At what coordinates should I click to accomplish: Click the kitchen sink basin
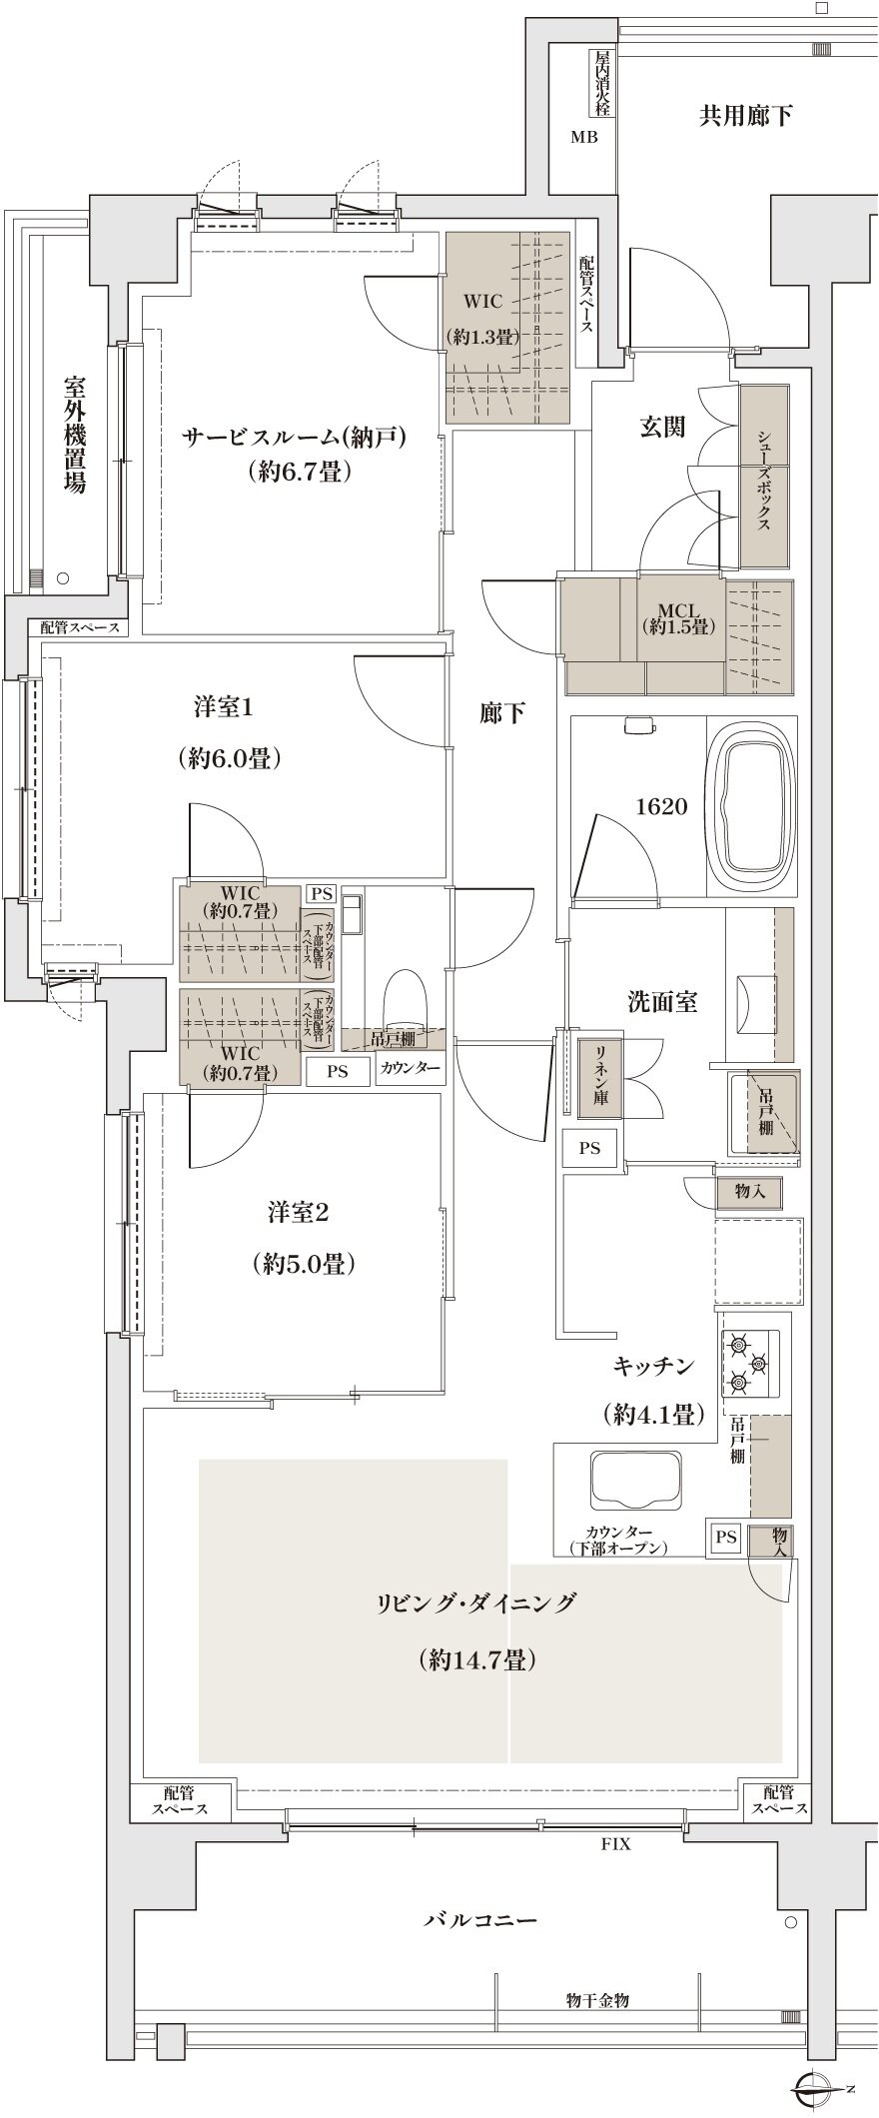click(636, 1483)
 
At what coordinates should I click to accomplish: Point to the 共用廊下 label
click(744, 116)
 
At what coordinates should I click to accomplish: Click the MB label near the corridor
click(584, 138)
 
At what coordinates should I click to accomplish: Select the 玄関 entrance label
click(662, 427)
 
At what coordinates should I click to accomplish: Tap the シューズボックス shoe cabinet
click(764, 478)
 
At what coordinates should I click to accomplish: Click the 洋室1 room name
click(224, 707)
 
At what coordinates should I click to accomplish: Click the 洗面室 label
click(662, 1001)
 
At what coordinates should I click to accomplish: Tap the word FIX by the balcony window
click(615, 1844)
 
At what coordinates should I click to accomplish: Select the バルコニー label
click(480, 1920)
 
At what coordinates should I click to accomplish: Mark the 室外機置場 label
click(74, 435)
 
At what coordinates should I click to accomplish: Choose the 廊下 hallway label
click(502, 713)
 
